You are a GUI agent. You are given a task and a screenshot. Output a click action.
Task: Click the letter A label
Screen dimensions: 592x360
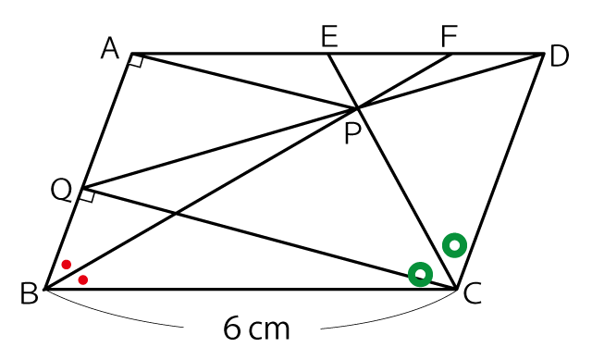tap(110, 48)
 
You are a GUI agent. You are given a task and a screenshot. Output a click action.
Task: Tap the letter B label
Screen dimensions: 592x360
tap(29, 293)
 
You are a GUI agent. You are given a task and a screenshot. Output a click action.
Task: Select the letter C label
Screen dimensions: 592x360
tap(472, 294)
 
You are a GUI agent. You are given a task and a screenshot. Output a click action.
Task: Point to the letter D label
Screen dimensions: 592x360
tap(559, 56)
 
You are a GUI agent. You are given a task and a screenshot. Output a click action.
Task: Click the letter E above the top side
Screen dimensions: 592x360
tap(329, 36)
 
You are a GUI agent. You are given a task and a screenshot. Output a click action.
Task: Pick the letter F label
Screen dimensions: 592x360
tap(450, 36)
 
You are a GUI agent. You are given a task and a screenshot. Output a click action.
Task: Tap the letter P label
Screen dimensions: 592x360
tap(353, 133)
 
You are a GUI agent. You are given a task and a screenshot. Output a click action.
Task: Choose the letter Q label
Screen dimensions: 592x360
tap(61, 190)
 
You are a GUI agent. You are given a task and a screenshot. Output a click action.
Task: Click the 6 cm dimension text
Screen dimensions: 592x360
tap(256, 328)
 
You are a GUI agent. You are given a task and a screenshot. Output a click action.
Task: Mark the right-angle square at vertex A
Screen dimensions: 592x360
tap(136, 61)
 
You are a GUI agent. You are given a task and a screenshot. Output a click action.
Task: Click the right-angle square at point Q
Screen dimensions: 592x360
tap(87, 195)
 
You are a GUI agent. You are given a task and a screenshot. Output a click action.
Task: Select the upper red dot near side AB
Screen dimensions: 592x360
tap(67, 265)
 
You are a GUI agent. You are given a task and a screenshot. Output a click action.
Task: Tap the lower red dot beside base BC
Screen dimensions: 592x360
tap(83, 279)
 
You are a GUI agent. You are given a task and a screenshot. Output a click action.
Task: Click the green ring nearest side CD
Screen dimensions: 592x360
tap(454, 238)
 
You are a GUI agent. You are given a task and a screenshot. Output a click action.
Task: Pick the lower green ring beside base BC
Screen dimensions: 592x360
tap(420, 266)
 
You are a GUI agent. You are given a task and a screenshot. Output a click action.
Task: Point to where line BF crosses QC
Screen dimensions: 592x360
tap(176, 214)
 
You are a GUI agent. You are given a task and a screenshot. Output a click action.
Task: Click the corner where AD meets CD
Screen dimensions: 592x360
tap(543, 54)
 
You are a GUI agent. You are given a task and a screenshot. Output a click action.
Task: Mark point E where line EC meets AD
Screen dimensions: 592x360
tap(327, 54)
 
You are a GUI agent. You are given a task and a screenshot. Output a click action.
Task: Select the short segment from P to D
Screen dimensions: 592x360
tap(450, 81)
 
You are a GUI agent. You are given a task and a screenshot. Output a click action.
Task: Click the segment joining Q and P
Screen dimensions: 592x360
tap(219, 148)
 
